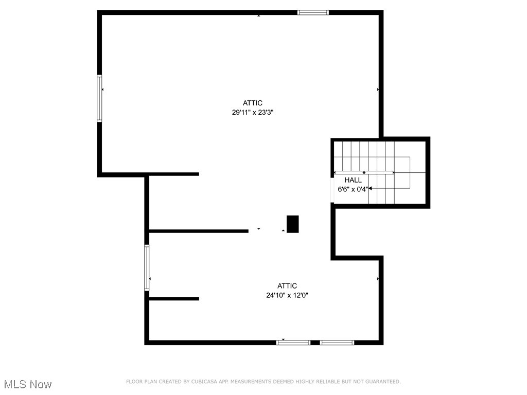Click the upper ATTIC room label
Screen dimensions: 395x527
pyautogui.click(x=253, y=103)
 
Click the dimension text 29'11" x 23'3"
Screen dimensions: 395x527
pyautogui.click(x=252, y=112)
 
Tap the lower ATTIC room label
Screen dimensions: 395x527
pyautogui.click(x=287, y=286)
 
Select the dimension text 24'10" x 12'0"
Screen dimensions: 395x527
pyautogui.click(x=287, y=295)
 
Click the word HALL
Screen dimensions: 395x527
pyautogui.click(x=353, y=180)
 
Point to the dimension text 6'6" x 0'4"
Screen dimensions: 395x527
pyautogui.click(x=353, y=189)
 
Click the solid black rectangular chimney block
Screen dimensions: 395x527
pyautogui.click(x=292, y=224)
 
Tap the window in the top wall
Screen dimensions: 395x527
pyautogui.click(x=313, y=12)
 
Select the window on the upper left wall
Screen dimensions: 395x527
pyautogui.click(x=99, y=99)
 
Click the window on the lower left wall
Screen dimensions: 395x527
pyautogui.click(x=147, y=268)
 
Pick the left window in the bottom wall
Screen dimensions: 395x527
pyautogui.click(x=293, y=342)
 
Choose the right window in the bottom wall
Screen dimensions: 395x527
pyautogui.click(x=337, y=342)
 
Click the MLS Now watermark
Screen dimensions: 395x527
pyautogui.click(x=28, y=384)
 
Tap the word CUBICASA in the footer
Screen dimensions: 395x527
pyautogui.click(x=203, y=382)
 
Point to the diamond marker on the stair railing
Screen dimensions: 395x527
pyautogui.click(x=364, y=172)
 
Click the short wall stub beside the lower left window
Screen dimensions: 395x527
pyautogui.click(x=174, y=299)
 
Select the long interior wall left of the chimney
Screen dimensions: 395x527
pyautogui.click(x=199, y=231)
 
